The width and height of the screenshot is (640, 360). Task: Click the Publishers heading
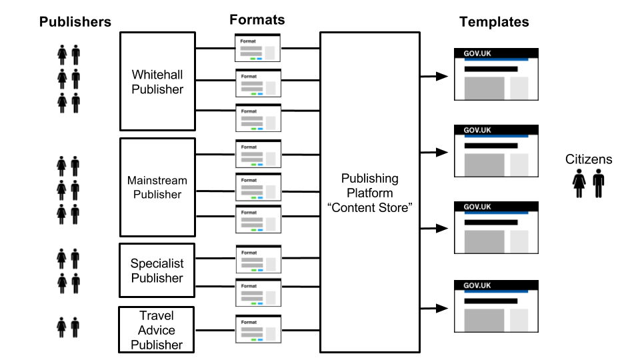[75, 22]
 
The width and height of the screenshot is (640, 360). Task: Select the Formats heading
[257, 19]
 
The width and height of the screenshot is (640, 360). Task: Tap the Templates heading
[494, 22]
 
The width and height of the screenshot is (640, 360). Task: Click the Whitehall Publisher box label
[157, 81]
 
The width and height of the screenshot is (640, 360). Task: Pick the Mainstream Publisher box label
[157, 187]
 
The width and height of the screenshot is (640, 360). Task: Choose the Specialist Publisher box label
[157, 271]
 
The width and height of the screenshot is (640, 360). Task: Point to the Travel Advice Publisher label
[156, 330]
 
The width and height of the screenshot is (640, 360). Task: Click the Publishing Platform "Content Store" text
[369, 193]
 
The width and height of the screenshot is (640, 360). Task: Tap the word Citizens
[589, 159]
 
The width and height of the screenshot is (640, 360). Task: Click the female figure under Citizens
[579, 183]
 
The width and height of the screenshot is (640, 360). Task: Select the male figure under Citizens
[598, 183]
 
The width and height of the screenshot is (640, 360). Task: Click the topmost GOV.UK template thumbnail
[496, 74]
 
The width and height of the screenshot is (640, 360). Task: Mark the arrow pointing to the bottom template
[434, 308]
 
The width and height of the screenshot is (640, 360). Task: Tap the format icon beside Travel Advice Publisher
[258, 329]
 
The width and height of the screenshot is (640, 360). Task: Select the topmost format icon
[258, 47]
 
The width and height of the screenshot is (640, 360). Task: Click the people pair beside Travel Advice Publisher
[69, 327]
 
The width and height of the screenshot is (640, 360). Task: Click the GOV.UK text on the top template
[477, 53]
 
